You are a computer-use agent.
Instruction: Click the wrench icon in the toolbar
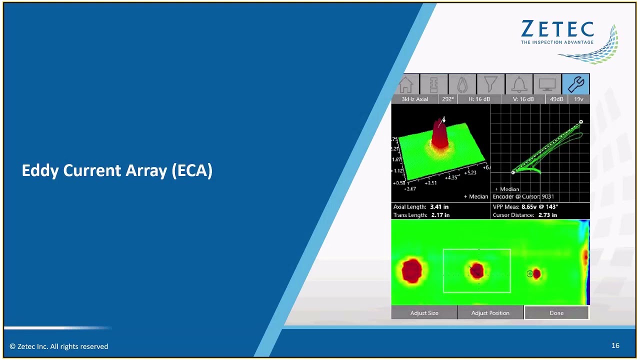(x=575, y=84)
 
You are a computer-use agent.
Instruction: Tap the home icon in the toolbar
(x=405, y=84)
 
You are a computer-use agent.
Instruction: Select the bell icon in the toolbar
(x=518, y=84)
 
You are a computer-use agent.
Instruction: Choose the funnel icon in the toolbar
(x=490, y=84)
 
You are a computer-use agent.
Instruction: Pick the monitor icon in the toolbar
(x=547, y=84)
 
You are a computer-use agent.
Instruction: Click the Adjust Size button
(x=424, y=313)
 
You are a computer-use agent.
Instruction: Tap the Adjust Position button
(x=490, y=313)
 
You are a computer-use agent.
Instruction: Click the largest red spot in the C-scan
(x=412, y=270)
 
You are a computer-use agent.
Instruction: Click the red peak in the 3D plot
(x=439, y=132)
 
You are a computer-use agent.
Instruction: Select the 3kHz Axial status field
(x=415, y=99)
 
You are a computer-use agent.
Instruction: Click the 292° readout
(x=447, y=99)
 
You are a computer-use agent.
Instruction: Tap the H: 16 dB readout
(x=479, y=99)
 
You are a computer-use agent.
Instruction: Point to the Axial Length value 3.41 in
(x=439, y=207)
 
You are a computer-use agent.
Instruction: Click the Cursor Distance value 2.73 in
(x=547, y=215)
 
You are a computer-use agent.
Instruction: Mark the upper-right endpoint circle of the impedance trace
(x=581, y=122)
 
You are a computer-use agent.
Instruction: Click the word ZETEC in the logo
(x=557, y=30)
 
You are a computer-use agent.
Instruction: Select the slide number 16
(x=615, y=345)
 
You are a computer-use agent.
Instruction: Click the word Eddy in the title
(x=40, y=170)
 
